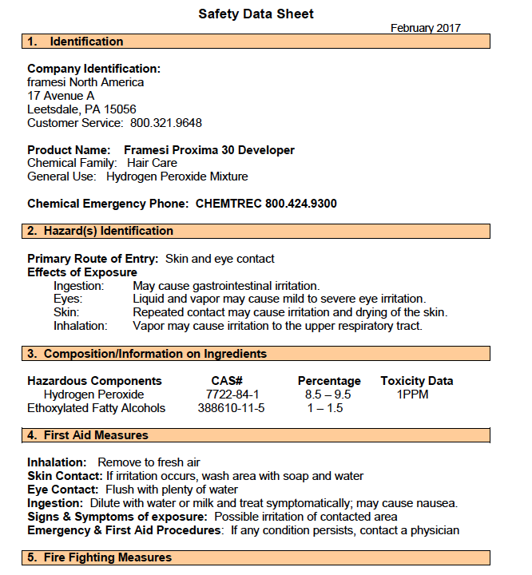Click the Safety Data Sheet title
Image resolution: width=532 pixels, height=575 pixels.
(x=256, y=14)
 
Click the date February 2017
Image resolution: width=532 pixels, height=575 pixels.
(x=425, y=28)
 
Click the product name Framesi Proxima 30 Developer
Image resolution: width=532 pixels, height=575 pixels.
(x=209, y=150)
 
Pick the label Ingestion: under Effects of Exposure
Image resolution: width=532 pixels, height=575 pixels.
(x=78, y=286)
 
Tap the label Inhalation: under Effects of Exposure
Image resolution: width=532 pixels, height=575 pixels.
(x=80, y=326)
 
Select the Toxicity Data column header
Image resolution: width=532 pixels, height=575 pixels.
(x=416, y=381)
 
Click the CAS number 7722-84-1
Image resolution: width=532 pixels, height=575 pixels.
(x=232, y=395)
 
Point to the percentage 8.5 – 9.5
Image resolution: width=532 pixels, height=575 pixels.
(x=328, y=395)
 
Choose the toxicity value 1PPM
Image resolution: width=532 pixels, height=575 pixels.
(x=413, y=395)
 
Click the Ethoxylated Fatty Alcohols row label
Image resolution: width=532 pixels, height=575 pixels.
(x=96, y=408)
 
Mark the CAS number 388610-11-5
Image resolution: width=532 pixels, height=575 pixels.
(x=231, y=408)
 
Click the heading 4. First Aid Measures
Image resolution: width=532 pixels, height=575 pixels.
(x=88, y=435)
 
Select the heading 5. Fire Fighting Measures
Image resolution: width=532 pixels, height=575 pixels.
(x=99, y=557)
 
